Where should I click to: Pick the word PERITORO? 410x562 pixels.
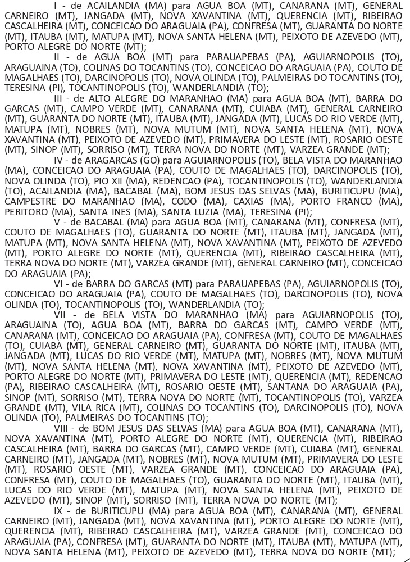click(25, 210)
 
